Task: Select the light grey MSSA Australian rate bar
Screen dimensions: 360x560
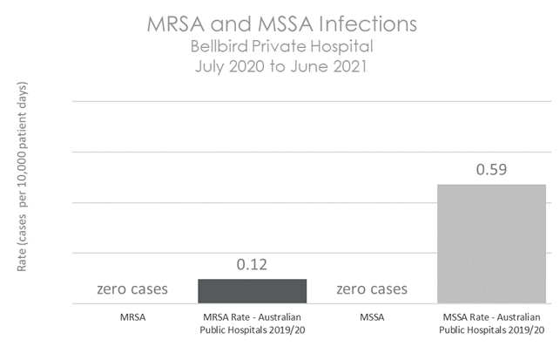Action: [x=490, y=244]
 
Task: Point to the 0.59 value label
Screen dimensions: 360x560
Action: [x=490, y=168]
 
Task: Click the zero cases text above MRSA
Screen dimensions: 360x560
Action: [x=132, y=289]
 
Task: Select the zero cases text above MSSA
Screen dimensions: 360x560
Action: [x=371, y=289]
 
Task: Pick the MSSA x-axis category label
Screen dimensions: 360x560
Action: [x=371, y=318]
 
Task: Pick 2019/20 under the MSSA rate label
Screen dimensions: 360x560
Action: [x=528, y=330]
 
